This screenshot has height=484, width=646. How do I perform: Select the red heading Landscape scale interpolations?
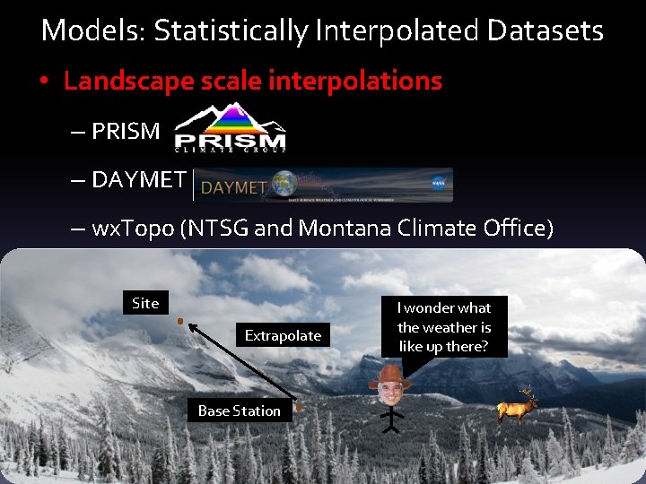252,81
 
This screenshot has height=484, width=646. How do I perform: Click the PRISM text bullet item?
125,131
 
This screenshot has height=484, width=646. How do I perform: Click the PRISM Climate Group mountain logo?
231,128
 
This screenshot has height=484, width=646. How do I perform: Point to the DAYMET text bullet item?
137,179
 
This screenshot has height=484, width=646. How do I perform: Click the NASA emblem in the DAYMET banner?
438,184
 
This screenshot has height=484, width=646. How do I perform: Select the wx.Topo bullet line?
322,228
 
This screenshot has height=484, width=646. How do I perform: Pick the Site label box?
144,303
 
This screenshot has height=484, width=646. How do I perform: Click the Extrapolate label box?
283,335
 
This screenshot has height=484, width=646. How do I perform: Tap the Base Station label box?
239,411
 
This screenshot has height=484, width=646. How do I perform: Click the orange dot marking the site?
179,320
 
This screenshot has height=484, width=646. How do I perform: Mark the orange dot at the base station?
299,406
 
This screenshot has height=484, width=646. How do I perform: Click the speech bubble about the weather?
444,327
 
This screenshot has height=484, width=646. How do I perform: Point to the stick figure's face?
389,391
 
